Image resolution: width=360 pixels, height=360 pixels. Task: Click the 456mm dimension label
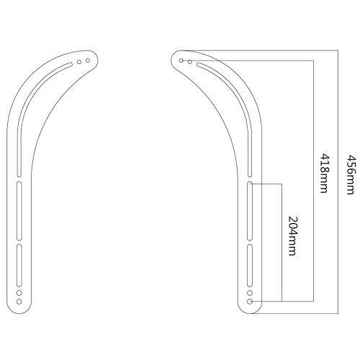pos(350,174)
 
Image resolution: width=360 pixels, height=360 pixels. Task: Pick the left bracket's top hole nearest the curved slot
pos(79,63)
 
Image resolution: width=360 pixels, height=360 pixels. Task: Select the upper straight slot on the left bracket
pos(19,210)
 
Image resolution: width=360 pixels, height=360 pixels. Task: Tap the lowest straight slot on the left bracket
pos(19,266)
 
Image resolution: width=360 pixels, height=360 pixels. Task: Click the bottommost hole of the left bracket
pos(19,302)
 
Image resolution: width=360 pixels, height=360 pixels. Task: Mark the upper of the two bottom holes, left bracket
pos(19,294)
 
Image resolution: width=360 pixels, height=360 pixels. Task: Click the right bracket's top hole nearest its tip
pos(181,61)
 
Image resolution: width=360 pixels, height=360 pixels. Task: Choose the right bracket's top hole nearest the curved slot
pos(190,63)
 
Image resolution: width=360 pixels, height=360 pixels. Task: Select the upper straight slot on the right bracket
pos(250,210)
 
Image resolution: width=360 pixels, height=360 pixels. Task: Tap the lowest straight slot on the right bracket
pos(250,266)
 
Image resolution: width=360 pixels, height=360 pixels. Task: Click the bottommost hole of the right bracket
pos(250,302)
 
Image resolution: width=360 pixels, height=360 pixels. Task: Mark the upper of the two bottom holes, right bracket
pos(250,294)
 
